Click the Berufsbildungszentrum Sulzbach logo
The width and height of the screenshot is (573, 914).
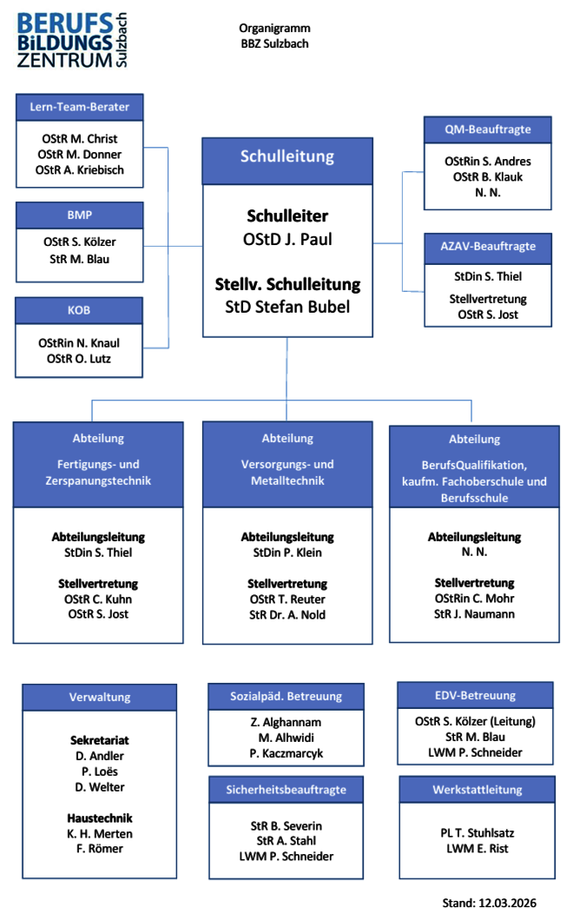[x=72, y=40]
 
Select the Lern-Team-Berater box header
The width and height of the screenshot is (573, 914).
[x=79, y=107]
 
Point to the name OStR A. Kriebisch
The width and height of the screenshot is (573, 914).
[x=80, y=170]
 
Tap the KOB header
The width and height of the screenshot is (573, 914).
[x=79, y=310]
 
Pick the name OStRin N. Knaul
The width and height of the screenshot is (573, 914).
[x=79, y=343]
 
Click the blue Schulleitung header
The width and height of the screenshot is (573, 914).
[x=287, y=156]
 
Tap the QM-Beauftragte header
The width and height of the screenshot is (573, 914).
[x=487, y=129]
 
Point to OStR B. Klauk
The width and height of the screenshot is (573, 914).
[x=487, y=177]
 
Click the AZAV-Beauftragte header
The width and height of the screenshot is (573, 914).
[x=487, y=247]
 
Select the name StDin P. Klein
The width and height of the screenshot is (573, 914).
[x=287, y=553]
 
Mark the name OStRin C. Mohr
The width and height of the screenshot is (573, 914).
[x=474, y=599]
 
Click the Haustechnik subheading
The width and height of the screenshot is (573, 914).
[x=100, y=818]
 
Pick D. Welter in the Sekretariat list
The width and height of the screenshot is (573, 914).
[x=100, y=787]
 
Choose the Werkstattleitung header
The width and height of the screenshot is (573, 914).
[x=477, y=790]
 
